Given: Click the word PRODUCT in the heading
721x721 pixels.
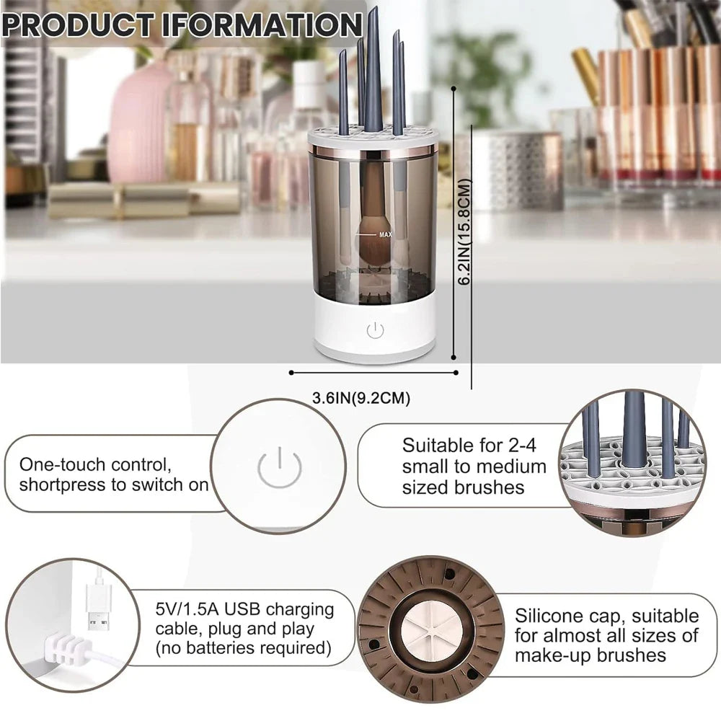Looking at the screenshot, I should [x=79, y=25].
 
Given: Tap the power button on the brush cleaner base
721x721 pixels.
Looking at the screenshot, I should [x=375, y=331].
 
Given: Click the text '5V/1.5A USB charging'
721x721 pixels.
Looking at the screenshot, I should [x=245, y=609].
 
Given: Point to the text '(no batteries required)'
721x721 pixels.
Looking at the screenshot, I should [x=244, y=649].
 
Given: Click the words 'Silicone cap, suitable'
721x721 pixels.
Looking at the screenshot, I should [x=606, y=616].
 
